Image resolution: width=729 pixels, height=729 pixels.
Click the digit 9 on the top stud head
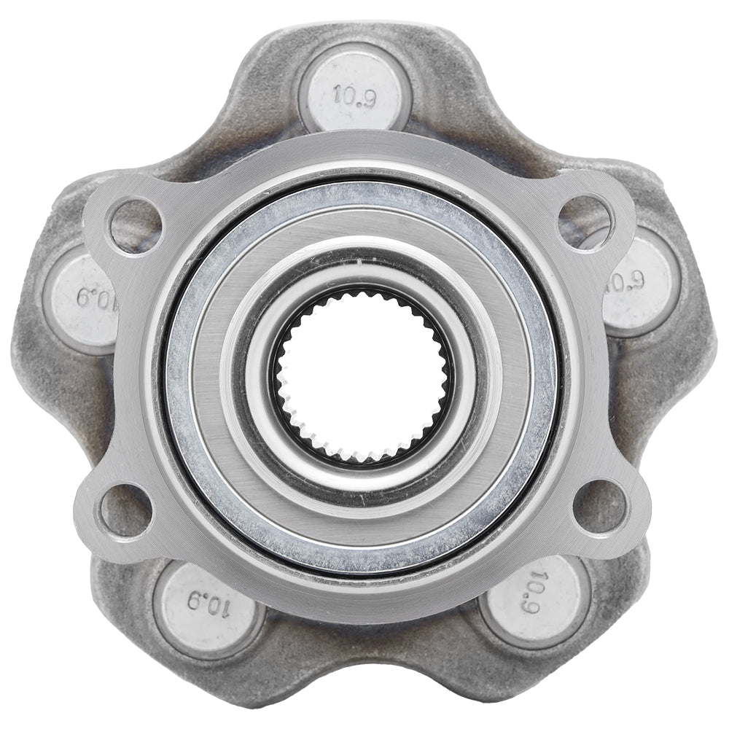[x=367, y=96]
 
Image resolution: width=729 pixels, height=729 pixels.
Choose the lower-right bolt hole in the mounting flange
[x=599, y=506]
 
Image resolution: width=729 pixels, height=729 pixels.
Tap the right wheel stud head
[x=638, y=284]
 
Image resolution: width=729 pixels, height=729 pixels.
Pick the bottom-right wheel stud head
[x=536, y=598]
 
